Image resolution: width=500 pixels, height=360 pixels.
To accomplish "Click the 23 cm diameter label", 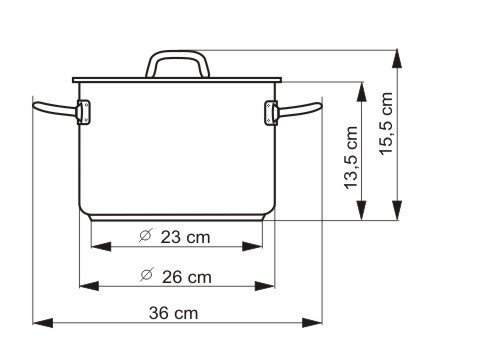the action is (175, 237).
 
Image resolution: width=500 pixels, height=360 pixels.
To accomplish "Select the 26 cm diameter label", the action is (176, 276).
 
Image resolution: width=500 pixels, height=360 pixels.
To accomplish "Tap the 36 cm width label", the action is (173, 313).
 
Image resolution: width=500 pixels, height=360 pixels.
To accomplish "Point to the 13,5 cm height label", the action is (351, 158).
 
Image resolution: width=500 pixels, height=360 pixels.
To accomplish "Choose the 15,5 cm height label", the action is (386, 123).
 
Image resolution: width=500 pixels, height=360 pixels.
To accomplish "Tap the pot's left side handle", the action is (55, 109).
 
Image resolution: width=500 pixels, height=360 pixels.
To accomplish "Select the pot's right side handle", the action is (299, 110).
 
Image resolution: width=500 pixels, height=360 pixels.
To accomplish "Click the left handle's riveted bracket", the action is (83, 112).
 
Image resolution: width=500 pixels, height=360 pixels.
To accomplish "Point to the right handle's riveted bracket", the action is (271, 113).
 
